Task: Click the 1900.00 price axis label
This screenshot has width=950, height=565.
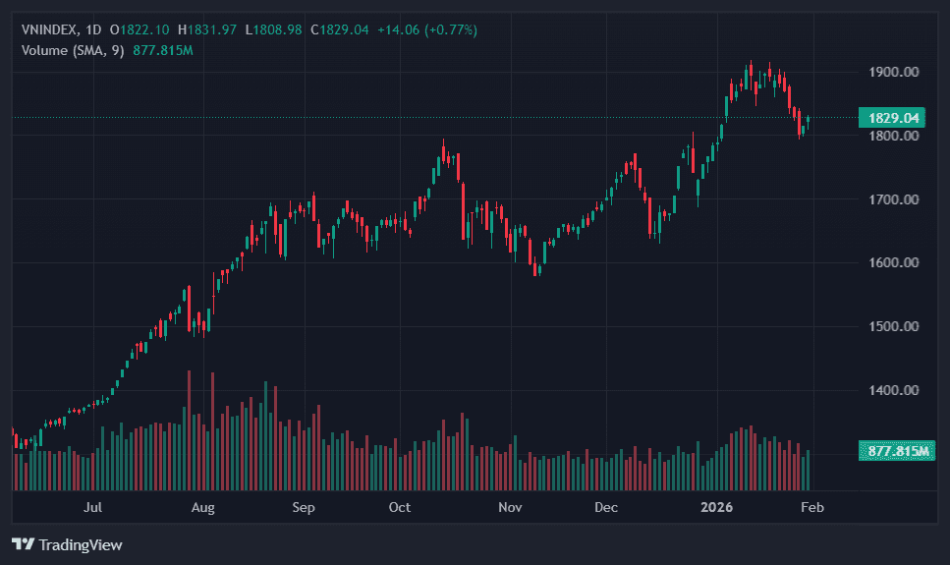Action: tap(893, 72)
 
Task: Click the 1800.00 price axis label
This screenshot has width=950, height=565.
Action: tap(893, 136)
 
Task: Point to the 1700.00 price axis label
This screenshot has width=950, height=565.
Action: tap(893, 199)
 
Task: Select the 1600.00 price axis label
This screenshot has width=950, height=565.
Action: tap(893, 262)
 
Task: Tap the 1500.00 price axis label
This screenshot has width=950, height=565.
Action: tap(893, 326)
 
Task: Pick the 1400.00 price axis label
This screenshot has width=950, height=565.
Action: tap(893, 390)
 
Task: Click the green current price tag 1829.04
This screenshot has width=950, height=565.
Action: tap(893, 118)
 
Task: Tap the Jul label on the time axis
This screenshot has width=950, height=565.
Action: tap(93, 508)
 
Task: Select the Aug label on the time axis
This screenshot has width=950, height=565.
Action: tap(202, 508)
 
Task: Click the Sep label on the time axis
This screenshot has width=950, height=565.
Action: tap(304, 508)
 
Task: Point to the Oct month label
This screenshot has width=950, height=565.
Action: tap(400, 508)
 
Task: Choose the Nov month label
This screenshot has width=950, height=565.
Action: tap(509, 508)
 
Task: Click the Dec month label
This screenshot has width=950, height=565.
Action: tap(606, 508)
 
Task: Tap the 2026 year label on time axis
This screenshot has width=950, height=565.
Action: tap(716, 508)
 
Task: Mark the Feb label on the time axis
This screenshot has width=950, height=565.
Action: tap(812, 508)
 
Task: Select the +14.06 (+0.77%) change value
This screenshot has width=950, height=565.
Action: tap(434, 30)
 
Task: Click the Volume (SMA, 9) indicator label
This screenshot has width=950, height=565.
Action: tap(72, 50)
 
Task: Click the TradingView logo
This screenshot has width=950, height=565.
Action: tap(67, 544)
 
